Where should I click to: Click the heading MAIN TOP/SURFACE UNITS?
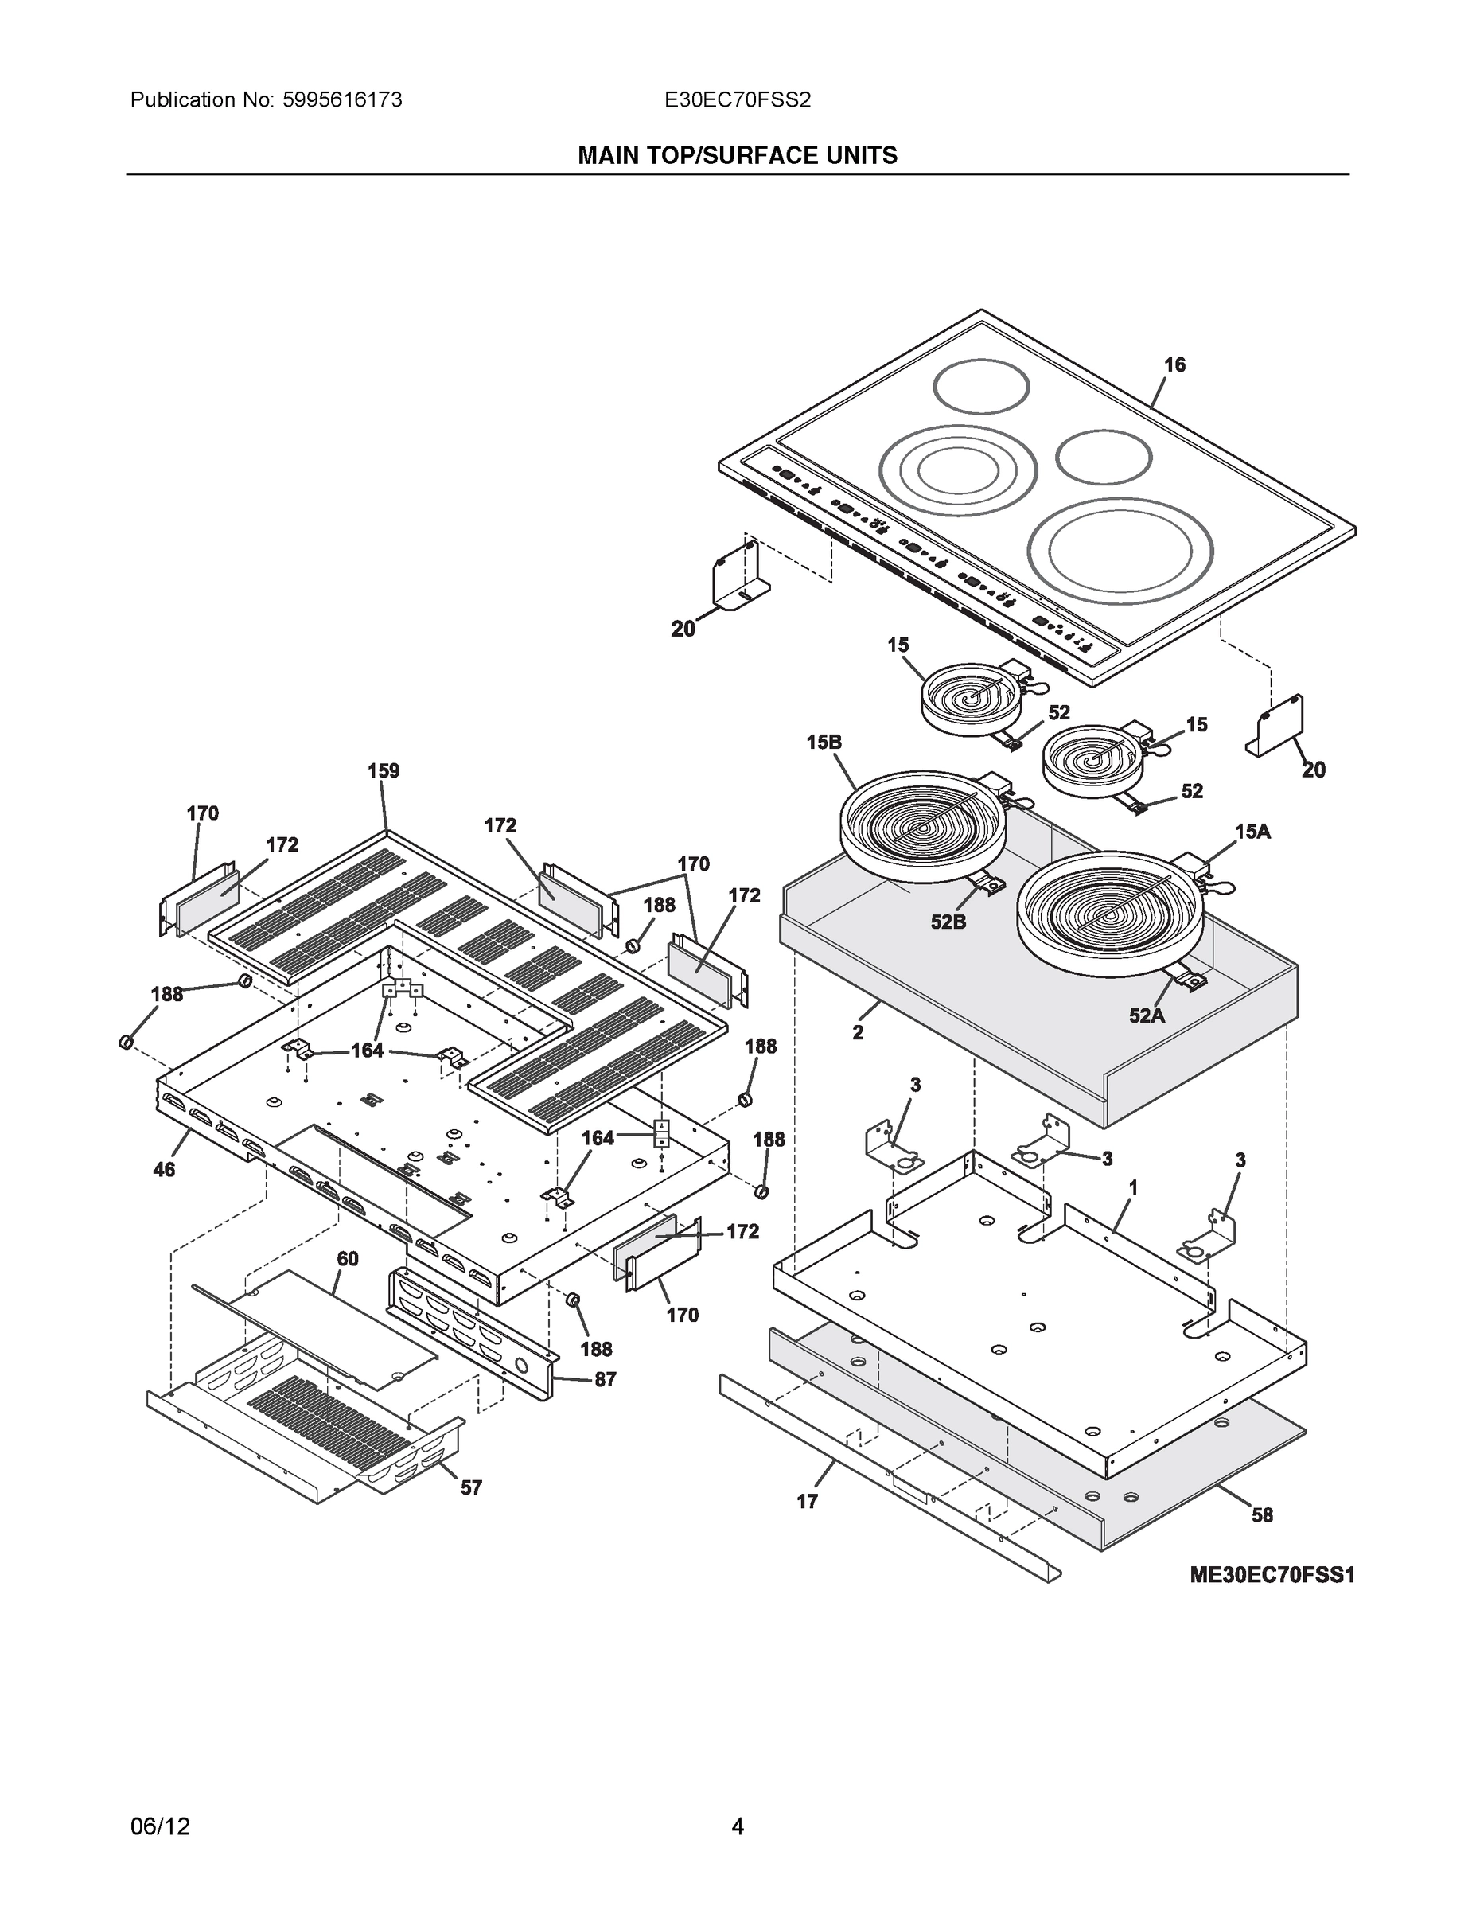pos(737,156)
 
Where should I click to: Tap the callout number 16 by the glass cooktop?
pos(1174,364)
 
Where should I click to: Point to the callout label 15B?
pos(824,743)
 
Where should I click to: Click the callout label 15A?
pos(1252,832)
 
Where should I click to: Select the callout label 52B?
pos(948,922)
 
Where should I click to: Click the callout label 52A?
pos(1147,1015)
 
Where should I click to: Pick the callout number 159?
pos(383,770)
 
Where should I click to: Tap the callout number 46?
pos(164,1169)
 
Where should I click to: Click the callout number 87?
pos(605,1379)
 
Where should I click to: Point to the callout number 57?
pos(470,1487)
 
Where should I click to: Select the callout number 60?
pos(347,1258)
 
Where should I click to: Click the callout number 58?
pos(1262,1514)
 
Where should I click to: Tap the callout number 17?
pos(806,1502)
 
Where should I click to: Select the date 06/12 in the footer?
pos(160,1827)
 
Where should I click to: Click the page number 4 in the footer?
pos(737,1827)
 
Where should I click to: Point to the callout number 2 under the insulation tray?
pos(858,1033)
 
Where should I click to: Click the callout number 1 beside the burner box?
pos(1133,1187)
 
